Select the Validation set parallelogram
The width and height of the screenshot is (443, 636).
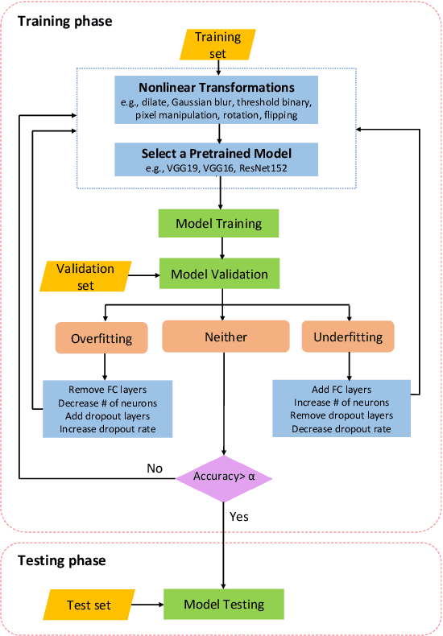point(85,276)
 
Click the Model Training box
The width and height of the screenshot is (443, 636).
point(219,224)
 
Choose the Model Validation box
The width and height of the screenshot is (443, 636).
point(219,275)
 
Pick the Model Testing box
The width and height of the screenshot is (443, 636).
point(224,605)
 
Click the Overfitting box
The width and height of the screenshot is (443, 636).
point(106,337)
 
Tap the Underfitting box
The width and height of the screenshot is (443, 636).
point(348,337)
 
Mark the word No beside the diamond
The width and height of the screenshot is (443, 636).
point(155,469)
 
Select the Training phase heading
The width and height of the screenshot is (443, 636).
point(65,21)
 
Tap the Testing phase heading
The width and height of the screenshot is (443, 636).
point(62,560)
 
